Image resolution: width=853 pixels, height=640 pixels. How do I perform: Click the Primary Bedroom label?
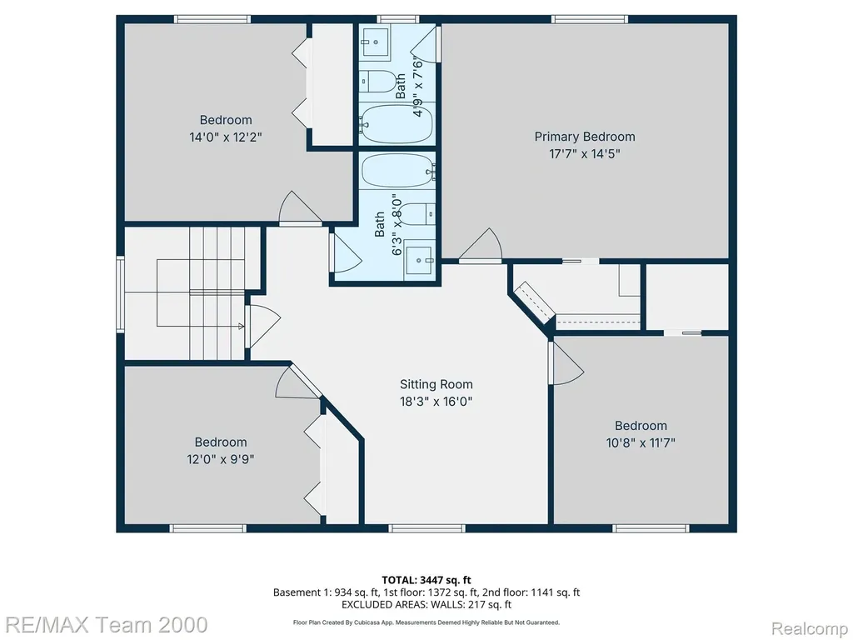pos(584,137)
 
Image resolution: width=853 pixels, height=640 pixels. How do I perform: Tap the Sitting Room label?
pos(436,384)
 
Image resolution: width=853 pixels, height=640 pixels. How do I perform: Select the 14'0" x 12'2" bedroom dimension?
pos(226,137)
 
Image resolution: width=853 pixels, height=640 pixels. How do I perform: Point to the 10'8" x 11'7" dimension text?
pos(641,442)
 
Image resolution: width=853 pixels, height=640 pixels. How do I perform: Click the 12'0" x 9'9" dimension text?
pos(221,459)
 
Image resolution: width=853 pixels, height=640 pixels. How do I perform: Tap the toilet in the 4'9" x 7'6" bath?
pos(380,81)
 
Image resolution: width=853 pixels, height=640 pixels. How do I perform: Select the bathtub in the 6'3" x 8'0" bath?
pos(398,171)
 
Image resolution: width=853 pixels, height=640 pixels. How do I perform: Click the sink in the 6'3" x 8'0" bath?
pos(420,260)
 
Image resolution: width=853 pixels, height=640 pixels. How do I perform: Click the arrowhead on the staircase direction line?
pos(242,326)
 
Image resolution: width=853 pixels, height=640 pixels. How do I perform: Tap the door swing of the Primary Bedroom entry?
pos(481,245)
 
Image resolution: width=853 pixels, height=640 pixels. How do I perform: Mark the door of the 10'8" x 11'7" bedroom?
pos(566,363)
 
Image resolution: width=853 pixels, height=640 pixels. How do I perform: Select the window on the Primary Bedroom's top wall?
pos(590,20)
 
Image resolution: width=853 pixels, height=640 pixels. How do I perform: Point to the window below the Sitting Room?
pos(427,527)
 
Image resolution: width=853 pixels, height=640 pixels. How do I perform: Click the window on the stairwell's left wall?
pos(120,294)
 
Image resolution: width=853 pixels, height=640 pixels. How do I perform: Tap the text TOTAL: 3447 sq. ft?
pos(426,580)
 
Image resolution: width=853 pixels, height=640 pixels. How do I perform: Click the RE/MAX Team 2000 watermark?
pos(104,625)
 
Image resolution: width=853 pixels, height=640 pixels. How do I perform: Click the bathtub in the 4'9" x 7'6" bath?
pos(396,123)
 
